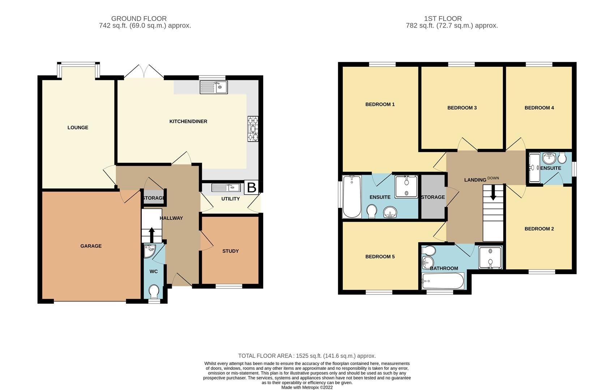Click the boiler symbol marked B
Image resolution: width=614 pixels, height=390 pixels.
[x=252, y=187]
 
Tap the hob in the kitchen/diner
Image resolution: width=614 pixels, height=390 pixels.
[x=253, y=129]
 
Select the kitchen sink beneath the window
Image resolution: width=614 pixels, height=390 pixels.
[x=214, y=87]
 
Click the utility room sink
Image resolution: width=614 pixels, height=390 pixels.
[x=226, y=188]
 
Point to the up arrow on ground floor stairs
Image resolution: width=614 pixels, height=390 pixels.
[x=152, y=234]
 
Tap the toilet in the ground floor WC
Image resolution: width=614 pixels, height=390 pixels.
[x=154, y=291]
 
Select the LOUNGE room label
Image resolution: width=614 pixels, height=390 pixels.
[x=78, y=127]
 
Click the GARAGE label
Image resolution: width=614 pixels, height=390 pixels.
[x=91, y=246]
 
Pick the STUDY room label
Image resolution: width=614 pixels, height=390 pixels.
[x=230, y=251]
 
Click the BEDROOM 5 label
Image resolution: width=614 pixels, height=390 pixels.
[x=380, y=257]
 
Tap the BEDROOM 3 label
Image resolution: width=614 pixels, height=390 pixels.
[x=462, y=108]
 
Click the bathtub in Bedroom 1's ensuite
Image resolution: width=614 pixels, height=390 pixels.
[x=351, y=196]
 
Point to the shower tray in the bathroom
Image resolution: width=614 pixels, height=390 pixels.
[x=490, y=257]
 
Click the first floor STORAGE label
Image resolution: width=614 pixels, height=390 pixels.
[x=433, y=197]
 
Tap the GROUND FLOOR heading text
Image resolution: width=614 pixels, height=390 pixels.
[x=139, y=18]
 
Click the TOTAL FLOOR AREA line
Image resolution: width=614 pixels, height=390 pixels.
[x=307, y=356]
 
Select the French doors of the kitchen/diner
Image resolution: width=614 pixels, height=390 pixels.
[x=144, y=72]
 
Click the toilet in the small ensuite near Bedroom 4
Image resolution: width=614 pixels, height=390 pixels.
[x=562, y=158]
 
